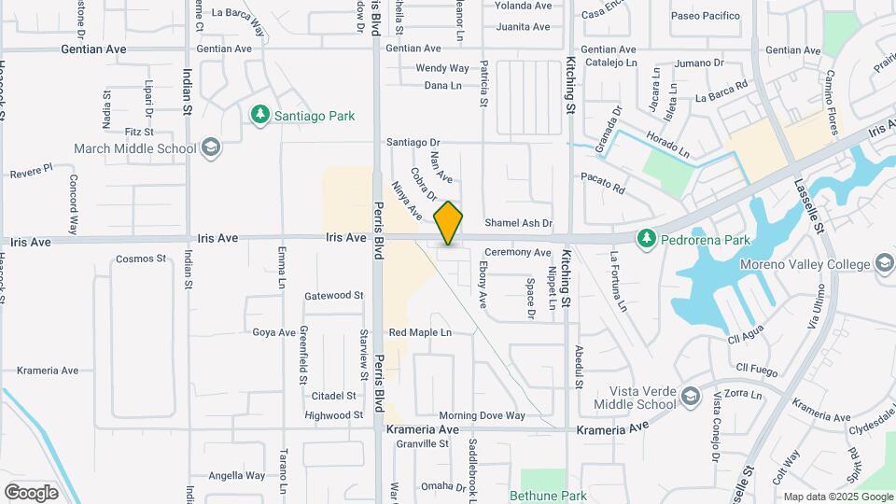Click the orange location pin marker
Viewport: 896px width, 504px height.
tap(449, 222)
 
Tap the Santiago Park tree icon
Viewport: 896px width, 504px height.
tap(260, 116)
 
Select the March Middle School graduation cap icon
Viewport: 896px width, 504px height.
tap(211, 147)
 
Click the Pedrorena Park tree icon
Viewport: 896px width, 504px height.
tap(646, 240)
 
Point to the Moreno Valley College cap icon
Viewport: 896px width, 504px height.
tap(882, 265)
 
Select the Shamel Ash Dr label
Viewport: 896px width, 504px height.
tap(519, 224)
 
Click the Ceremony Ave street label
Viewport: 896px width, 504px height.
tap(517, 253)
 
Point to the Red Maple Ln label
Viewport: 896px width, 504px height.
tap(420, 332)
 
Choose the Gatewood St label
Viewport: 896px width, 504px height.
tap(333, 295)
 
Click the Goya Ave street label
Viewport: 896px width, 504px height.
tap(274, 332)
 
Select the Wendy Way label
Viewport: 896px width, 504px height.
tap(442, 68)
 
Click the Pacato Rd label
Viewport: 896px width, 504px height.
tap(602, 182)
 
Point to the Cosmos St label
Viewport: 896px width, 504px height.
tap(141, 259)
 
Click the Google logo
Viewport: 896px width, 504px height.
tap(31, 492)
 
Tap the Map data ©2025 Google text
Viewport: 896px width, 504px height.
tap(837, 497)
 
